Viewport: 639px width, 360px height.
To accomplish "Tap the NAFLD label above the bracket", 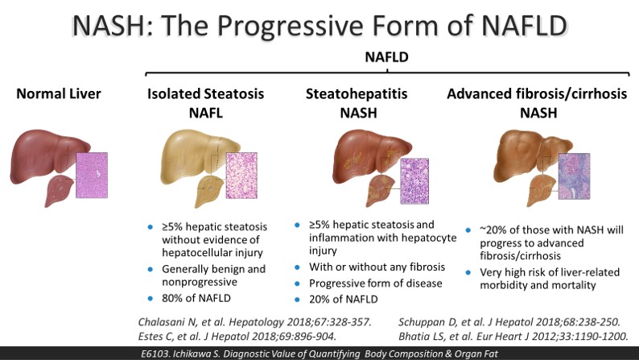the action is (x=386, y=57).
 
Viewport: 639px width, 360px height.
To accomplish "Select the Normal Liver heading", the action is (x=59, y=93).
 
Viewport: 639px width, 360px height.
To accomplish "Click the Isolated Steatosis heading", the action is (x=206, y=93).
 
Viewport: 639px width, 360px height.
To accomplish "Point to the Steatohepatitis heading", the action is (x=357, y=94).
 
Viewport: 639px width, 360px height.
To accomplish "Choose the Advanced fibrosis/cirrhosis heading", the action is (x=537, y=94).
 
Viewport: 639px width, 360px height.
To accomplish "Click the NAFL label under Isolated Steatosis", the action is (x=206, y=113).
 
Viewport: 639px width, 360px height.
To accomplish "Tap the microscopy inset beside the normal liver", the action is (x=92, y=175).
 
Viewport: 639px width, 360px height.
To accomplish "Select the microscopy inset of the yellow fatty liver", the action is (x=241, y=176).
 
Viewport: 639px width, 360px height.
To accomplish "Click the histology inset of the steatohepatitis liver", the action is (x=414, y=180).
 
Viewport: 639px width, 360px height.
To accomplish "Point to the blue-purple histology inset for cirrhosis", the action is (x=574, y=176).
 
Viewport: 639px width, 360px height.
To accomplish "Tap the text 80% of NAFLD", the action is (x=196, y=298).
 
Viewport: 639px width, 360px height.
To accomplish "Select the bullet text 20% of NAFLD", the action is (x=344, y=300).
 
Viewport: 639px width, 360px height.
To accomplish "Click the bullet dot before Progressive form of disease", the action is (x=297, y=283).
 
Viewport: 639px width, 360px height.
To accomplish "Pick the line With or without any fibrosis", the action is (x=377, y=267).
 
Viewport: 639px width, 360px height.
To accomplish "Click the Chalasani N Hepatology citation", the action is (x=254, y=322).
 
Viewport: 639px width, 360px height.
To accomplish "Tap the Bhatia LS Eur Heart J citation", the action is (x=513, y=337).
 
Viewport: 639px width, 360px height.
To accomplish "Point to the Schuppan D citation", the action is (x=509, y=322).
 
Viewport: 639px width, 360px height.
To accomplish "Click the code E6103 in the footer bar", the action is (x=155, y=354).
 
